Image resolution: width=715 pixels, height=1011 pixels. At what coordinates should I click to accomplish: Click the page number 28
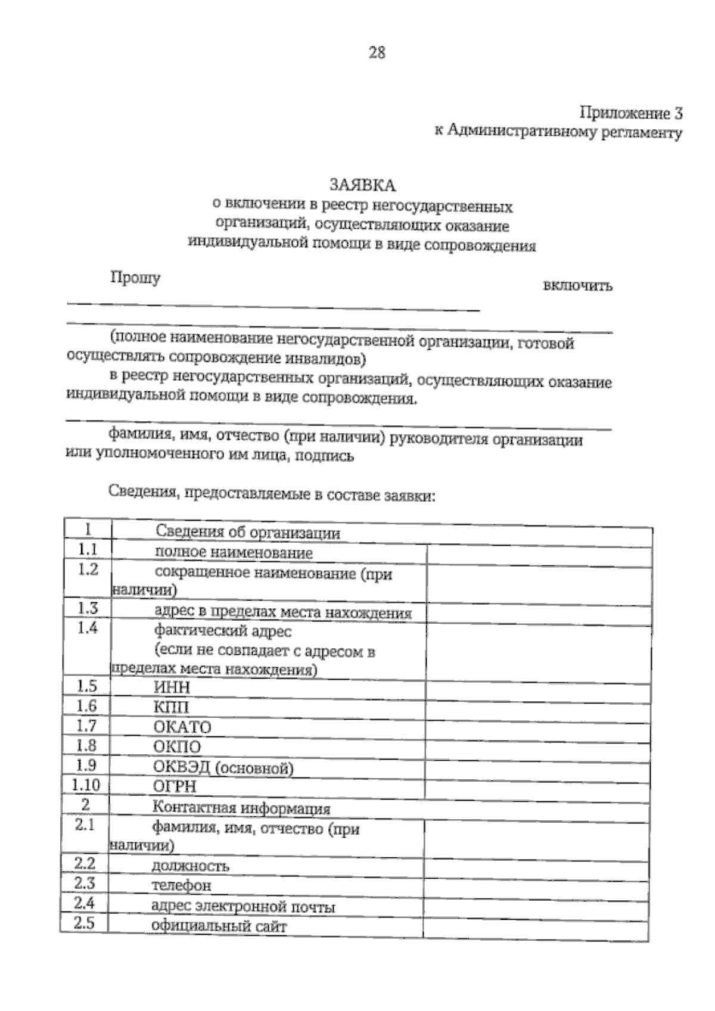(377, 53)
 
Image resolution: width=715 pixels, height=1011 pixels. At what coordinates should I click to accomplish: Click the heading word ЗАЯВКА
(363, 185)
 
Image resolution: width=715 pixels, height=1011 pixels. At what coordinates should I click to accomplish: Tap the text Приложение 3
(631, 113)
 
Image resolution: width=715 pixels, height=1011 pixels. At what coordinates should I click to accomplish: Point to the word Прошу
(135, 278)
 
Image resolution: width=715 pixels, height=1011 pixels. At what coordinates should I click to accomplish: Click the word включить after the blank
(577, 286)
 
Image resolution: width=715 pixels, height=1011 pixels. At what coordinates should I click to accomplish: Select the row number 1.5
(87, 686)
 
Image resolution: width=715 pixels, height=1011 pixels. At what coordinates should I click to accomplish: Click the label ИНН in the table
(172, 688)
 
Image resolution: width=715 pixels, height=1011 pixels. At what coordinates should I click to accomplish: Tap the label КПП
(171, 707)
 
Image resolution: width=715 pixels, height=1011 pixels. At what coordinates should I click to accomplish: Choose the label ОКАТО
(182, 727)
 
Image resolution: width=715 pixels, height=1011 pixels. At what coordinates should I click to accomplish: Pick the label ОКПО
(177, 747)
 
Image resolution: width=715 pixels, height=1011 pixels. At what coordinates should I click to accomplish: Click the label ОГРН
(175, 787)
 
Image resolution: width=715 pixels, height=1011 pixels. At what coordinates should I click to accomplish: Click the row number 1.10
(86, 785)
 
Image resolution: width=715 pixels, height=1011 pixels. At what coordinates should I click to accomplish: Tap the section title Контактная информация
(241, 808)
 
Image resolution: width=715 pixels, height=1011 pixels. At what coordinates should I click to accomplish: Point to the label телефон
(181, 885)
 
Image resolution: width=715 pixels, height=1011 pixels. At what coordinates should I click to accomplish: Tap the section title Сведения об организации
(248, 532)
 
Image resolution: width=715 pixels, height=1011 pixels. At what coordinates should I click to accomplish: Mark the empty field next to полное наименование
(539, 556)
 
